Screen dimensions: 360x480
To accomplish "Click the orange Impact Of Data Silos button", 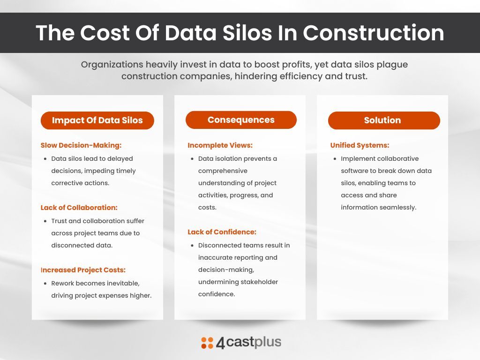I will click(x=97, y=120).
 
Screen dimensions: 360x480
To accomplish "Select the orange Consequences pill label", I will click(x=241, y=120).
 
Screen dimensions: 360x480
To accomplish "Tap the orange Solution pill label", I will click(x=383, y=120).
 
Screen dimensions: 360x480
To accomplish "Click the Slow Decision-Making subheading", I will click(x=81, y=145).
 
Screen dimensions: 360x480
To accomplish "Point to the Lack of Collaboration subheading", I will click(x=79, y=207).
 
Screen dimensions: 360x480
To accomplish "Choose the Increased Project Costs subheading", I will click(x=83, y=270).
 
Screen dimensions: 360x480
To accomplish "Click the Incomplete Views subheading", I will click(x=220, y=145).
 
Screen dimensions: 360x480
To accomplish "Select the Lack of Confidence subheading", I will click(x=222, y=232).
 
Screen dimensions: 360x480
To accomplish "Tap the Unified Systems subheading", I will click(x=360, y=145).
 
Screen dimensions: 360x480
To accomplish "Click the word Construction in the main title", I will click(x=373, y=33).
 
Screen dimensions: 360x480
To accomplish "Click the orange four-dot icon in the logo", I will click(x=207, y=343).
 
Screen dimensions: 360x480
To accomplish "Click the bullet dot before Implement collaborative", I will click(x=334, y=159).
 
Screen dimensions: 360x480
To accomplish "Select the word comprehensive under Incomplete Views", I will click(x=223, y=171).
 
